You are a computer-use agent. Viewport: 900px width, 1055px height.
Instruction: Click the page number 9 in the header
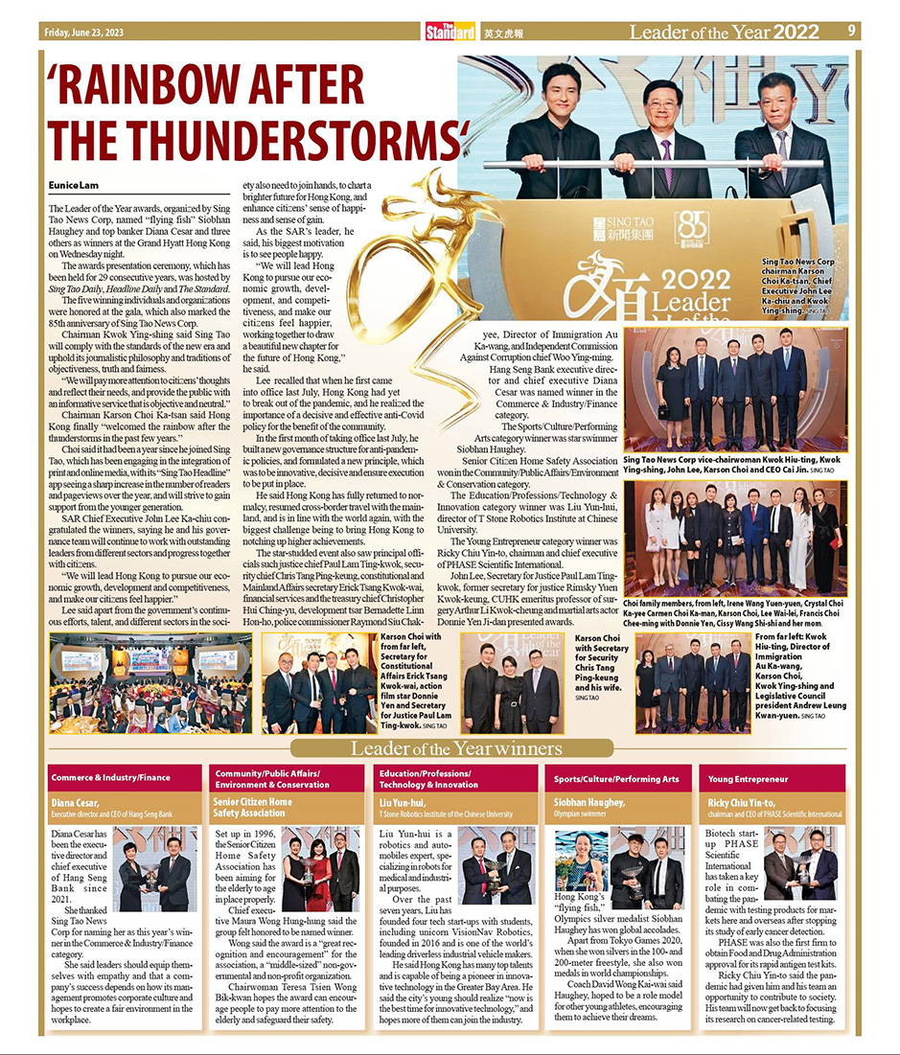coord(851,31)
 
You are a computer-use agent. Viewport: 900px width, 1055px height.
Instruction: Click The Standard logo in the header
coord(450,32)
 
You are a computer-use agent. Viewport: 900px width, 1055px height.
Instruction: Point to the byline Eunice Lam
coord(70,184)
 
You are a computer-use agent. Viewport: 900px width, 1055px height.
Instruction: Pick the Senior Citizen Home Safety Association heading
coord(253,807)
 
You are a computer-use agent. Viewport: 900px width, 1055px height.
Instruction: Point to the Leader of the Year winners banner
coord(450,748)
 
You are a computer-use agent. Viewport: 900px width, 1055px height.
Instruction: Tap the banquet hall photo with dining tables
coord(150,670)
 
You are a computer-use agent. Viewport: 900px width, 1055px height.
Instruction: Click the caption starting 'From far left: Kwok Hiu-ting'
coord(799,676)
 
